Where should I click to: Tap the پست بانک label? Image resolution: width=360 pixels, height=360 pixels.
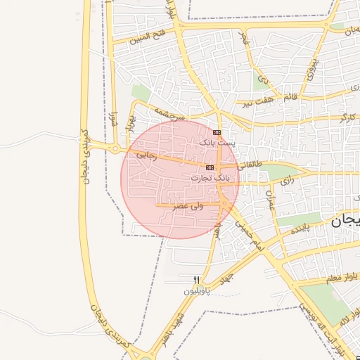215,143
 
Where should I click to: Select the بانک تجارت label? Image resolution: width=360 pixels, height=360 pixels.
210,179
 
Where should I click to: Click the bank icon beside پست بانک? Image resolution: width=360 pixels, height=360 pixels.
217,132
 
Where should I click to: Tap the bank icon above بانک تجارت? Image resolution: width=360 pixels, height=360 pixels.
210,168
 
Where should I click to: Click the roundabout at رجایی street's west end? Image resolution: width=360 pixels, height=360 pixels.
115,148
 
